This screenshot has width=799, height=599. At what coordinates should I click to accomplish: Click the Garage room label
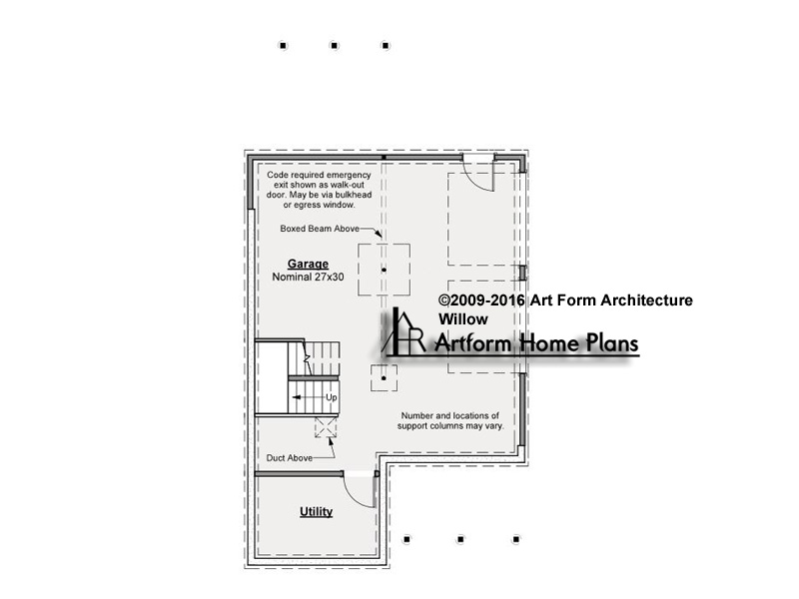click(308, 264)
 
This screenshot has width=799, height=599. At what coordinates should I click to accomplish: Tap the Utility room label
click(316, 511)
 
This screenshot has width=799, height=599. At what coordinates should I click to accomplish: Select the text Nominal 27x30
click(308, 278)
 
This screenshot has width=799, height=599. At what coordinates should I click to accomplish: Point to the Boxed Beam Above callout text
click(320, 229)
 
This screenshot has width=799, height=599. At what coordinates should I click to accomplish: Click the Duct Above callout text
click(289, 458)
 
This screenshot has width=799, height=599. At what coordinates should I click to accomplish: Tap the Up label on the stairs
click(332, 397)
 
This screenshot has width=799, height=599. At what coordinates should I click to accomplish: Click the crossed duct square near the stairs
click(326, 427)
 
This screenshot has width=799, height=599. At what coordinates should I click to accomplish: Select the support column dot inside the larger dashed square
click(384, 270)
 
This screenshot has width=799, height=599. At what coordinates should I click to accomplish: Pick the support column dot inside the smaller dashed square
click(384, 378)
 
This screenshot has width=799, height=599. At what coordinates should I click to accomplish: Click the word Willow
click(463, 319)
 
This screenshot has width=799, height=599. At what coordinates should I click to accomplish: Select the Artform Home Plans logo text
click(536, 342)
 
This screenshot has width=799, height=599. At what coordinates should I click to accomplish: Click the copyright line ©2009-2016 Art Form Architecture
click(565, 300)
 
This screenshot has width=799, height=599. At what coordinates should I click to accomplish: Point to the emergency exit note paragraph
click(319, 190)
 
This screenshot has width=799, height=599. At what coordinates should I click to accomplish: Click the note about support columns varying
click(450, 420)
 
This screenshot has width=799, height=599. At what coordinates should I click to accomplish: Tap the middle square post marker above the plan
click(334, 45)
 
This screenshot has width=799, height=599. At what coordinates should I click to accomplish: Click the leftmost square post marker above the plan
click(283, 45)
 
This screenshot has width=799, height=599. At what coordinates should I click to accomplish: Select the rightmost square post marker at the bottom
click(515, 539)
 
